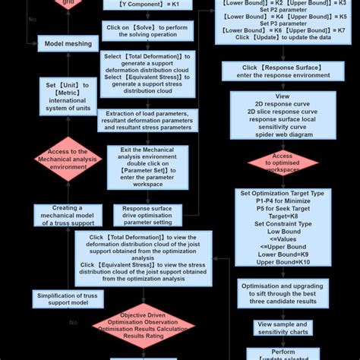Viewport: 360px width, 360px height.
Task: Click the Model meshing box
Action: tap(68, 43)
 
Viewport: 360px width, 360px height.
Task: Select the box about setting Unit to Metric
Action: tap(68, 96)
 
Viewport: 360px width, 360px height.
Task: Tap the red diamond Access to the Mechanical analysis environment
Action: tap(68, 159)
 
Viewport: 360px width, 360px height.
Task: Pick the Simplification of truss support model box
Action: tap(68, 298)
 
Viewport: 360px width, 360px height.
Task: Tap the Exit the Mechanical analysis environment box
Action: tap(147, 166)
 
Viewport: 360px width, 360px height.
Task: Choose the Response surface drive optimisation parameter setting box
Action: tap(147, 215)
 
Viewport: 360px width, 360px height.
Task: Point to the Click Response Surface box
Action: tap(271, 71)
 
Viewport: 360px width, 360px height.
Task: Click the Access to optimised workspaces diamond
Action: tap(271, 162)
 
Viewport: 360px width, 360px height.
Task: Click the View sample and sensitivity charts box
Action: tap(271, 327)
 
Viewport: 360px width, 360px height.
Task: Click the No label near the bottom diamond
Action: tap(74, 323)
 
